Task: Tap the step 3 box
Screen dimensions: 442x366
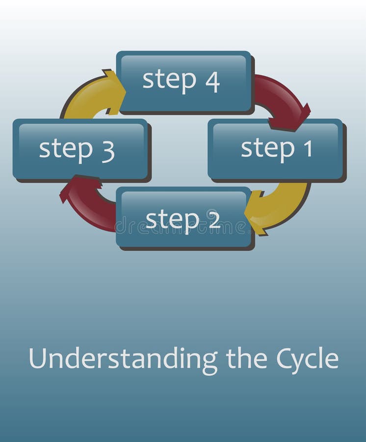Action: [x=80, y=149]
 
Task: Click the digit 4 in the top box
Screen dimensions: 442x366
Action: [x=212, y=82]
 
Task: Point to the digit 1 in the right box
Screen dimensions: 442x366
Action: [x=307, y=149]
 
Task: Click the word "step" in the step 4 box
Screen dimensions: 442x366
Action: [x=169, y=81]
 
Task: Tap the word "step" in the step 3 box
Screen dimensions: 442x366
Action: [x=66, y=149]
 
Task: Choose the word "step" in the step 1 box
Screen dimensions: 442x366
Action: [x=267, y=148]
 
